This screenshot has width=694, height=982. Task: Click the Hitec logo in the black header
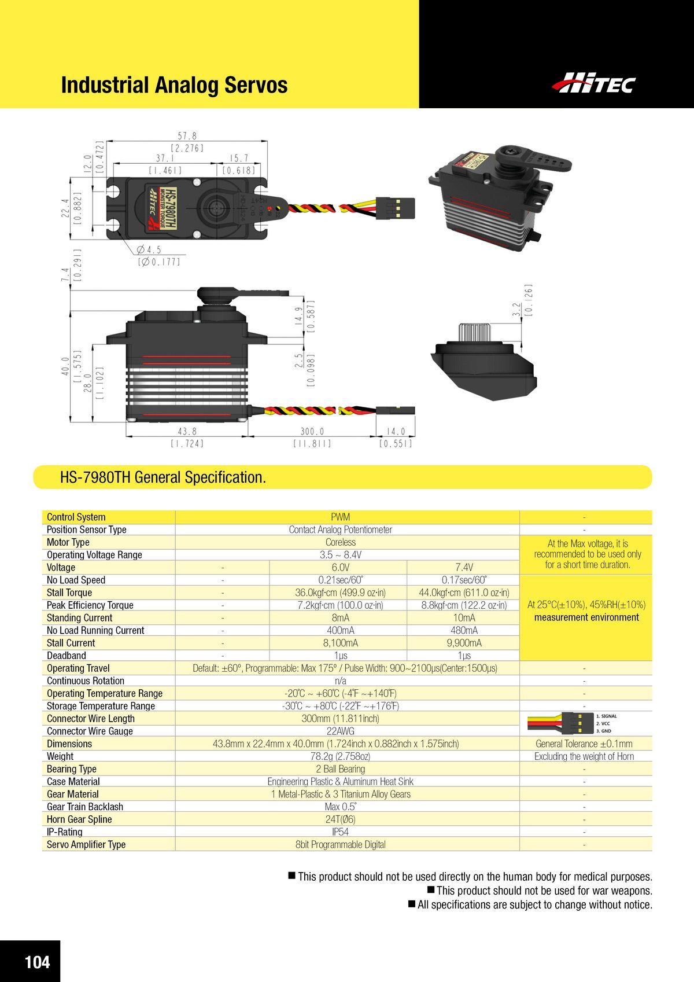coord(594,83)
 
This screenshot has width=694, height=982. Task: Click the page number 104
coord(37,962)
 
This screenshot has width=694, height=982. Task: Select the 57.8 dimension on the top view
coord(187,136)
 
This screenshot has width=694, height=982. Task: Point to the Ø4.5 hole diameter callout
coord(149,250)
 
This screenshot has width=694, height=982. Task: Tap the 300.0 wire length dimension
coord(312,432)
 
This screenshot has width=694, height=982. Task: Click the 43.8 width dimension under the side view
coord(187,432)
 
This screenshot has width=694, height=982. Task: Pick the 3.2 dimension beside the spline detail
coord(518,310)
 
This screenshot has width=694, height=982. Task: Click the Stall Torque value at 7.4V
coord(464,593)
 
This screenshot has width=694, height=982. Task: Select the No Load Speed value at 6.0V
coord(341,580)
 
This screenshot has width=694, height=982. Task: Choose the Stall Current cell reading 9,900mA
coord(464,643)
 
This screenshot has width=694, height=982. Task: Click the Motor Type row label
coord(68,542)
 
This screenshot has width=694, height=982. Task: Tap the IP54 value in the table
coord(341,832)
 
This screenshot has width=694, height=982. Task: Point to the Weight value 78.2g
coord(341,756)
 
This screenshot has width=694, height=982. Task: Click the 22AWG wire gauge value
coord(341,731)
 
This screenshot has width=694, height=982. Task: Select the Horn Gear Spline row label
coord(79,819)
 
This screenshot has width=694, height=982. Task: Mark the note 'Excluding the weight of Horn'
coord(584,756)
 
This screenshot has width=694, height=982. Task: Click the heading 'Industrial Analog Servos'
coord(175,85)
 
